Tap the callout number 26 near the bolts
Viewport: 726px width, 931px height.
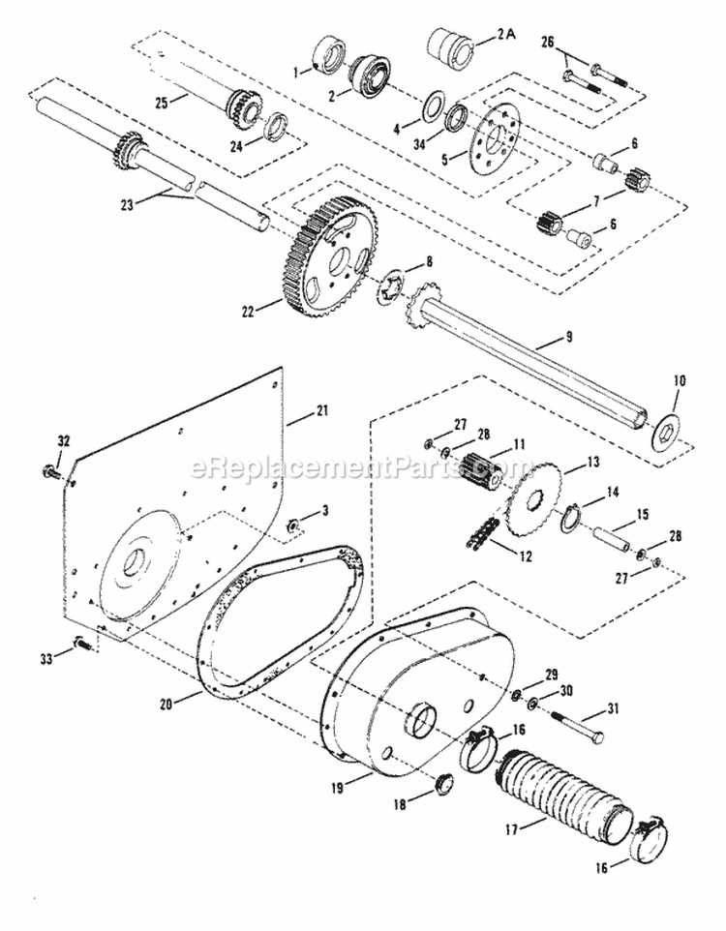click(547, 43)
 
